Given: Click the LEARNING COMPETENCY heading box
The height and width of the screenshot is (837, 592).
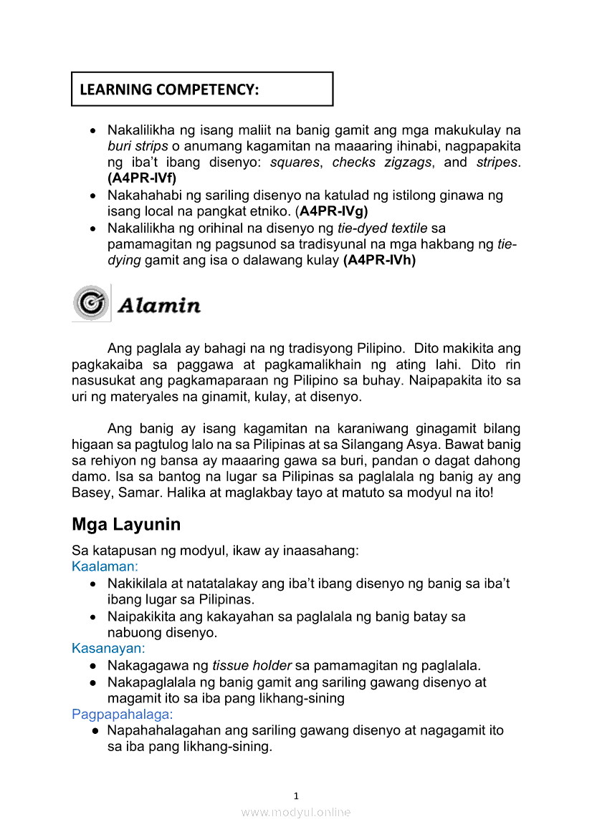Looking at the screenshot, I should tap(202, 89).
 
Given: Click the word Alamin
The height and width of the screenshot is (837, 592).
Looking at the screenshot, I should tap(158, 306).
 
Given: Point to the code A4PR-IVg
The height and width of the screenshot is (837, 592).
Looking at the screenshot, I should tap(334, 211).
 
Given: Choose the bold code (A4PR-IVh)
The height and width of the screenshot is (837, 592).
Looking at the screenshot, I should tap(380, 261).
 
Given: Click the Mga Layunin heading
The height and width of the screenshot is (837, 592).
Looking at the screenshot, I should tap(126, 524).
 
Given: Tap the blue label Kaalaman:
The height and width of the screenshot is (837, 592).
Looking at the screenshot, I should tap(105, 567).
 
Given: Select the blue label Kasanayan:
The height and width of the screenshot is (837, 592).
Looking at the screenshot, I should tap(108, 649).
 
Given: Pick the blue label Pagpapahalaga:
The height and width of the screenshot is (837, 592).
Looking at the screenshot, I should tap(123, 715).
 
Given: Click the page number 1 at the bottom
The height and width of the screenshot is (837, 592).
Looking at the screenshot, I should tap(296, 795).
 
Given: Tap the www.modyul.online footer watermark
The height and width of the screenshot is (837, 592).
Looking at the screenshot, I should tap(296, 812).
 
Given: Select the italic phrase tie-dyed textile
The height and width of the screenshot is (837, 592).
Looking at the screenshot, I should tap(382, 228).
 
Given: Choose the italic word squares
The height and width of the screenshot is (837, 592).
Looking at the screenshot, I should tap(294, 163).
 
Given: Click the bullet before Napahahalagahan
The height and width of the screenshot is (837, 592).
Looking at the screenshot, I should tap(95, 731).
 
